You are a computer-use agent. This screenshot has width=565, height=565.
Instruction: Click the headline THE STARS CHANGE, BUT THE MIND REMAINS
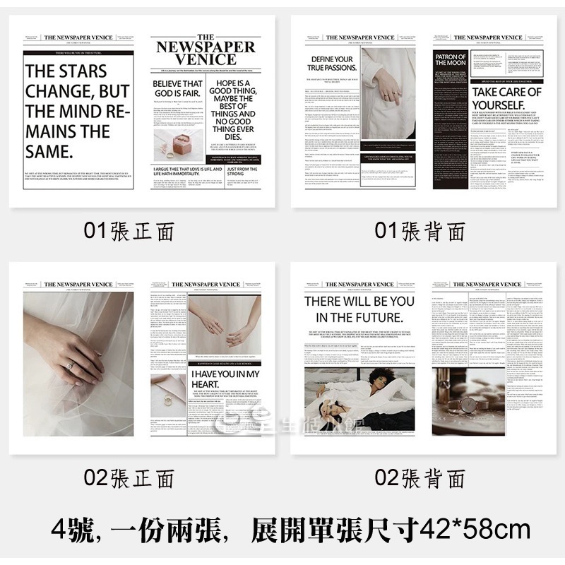coord(77,111)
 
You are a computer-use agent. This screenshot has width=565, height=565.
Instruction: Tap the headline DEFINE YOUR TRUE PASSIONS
coord(331,64)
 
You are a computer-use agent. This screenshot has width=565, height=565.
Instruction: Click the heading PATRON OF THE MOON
coord(451,61)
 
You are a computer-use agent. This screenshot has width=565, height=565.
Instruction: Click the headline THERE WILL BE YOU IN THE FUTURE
coord(359,309)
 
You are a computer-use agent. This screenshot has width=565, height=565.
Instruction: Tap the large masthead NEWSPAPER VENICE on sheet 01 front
coord(206,52)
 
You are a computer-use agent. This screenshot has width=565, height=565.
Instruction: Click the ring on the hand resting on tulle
coord(70,365)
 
